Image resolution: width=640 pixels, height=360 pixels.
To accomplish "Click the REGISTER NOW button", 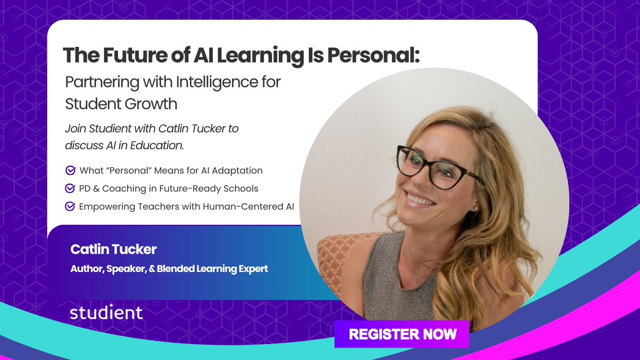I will tap(402, 334).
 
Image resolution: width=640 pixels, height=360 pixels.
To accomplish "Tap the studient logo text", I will tap(106, 313).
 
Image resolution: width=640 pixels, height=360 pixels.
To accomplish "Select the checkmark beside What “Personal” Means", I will tap(70, 171).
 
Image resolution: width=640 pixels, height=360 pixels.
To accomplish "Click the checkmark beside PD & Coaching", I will tap(70, 188).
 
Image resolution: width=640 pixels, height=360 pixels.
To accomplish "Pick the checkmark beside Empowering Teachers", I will tap(70, 206).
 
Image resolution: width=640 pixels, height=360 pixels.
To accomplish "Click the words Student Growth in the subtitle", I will tap(121, 103).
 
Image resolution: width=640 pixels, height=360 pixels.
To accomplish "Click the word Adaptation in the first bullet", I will tap(236, 171).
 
